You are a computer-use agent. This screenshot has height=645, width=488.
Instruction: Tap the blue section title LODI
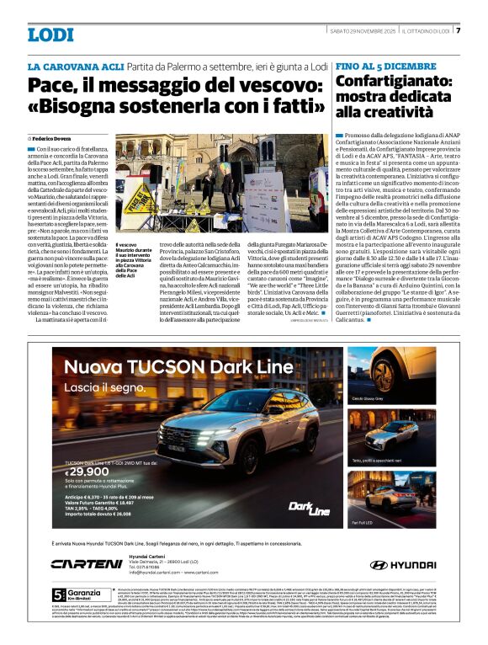[50, 35]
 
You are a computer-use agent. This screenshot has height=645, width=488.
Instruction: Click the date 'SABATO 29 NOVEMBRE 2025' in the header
[363, 31]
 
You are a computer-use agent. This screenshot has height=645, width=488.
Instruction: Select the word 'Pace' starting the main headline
[50, 85]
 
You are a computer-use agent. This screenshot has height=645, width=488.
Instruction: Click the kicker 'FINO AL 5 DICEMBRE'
[385, 66]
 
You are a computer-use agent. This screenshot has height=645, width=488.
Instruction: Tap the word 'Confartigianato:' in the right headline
[390, 83]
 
